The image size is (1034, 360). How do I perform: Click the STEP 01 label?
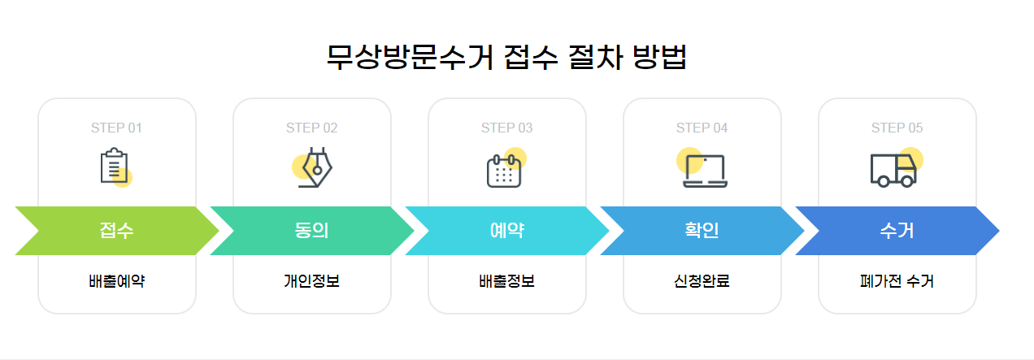point(116,128)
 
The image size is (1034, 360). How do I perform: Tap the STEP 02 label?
point(311,128)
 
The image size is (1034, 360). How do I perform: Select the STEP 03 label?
point(506,128)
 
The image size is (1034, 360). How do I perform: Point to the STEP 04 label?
point(702,128)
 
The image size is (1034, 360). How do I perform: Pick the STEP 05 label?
point(897,128)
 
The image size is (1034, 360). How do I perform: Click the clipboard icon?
point(115,167)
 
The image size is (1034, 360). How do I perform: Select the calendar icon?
point(505,169)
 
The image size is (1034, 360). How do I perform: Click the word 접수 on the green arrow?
point(116,231)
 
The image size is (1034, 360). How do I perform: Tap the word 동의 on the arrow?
point(311,231)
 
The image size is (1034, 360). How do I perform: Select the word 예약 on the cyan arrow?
point(506,231)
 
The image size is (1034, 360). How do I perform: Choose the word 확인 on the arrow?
point(702,231)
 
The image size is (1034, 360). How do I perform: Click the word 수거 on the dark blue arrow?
point(897,231)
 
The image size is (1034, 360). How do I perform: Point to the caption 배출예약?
point(116,282)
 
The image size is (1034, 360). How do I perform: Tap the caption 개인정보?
point(311,282)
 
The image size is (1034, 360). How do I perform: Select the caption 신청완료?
point(702,282)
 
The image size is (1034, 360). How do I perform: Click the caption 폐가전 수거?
point(897,282)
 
